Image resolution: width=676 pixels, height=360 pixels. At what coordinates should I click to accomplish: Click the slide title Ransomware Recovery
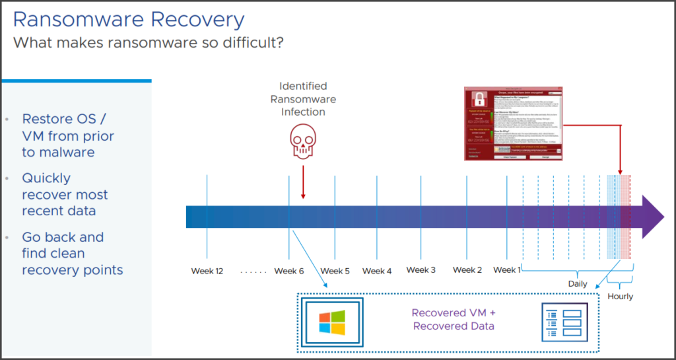129,19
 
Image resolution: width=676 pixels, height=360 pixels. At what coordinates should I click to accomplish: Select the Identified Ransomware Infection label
303,99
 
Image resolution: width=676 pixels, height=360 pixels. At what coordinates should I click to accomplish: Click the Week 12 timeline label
207,271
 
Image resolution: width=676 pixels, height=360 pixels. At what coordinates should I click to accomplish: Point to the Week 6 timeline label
289,271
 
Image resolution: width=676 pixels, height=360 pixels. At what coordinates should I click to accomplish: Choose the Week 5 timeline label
335,271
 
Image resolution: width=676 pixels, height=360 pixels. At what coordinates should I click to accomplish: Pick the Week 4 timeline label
377,271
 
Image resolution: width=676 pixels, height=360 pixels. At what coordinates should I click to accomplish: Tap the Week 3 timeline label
421,270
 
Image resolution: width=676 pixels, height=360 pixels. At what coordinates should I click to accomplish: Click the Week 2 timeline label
467,270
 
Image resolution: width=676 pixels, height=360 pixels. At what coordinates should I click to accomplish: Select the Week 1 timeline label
507,270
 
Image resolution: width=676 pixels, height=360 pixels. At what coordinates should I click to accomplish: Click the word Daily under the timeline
578,284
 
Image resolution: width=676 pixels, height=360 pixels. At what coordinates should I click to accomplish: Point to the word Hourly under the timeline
620,297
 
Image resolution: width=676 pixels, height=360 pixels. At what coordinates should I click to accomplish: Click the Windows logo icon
332,323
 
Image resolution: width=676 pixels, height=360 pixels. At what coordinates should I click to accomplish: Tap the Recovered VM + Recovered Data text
453,320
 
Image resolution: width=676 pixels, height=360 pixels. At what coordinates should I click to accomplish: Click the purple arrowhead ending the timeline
652,217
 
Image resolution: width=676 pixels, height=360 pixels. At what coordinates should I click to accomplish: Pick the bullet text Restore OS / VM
68,135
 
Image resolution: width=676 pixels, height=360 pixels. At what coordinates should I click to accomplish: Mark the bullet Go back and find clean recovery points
72,254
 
